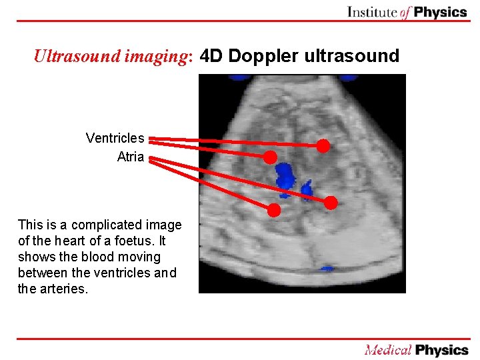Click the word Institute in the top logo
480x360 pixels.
tap(373, 11)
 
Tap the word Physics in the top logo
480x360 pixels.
tap(440, 11)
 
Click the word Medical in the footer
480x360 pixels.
tap(387, 349)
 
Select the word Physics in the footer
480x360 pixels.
tap(441, 349)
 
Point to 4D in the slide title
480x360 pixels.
tap(212, 56)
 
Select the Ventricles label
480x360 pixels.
tap(115, 138)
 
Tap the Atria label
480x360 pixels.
tap(130, 157)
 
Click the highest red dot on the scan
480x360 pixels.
tap(323, 145)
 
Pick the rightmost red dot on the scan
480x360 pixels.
tap(331, 202)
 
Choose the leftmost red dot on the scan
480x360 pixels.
tap(269, 157)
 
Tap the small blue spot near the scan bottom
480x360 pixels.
tap(327, 269)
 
